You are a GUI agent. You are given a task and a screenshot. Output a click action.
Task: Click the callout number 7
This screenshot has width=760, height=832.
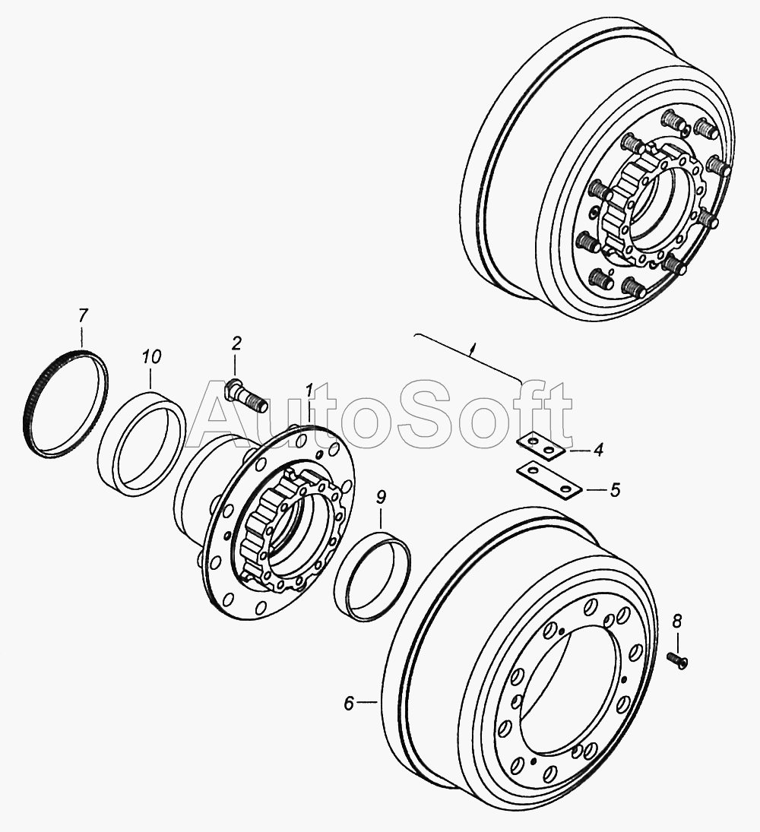82,317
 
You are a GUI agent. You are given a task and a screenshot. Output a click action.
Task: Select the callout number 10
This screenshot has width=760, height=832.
151,356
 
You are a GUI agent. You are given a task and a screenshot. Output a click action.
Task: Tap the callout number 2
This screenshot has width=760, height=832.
236,343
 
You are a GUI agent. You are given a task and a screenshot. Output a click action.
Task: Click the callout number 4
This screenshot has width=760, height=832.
598,451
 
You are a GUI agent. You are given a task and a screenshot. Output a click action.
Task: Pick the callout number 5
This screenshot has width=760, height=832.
615,490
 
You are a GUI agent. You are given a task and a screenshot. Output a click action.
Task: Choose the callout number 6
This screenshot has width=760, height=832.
348,704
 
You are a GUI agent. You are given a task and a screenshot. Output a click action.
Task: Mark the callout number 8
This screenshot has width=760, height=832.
676,620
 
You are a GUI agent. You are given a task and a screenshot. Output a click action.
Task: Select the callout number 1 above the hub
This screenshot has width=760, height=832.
309,391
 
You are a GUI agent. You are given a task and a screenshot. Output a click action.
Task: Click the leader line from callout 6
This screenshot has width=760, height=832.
367,704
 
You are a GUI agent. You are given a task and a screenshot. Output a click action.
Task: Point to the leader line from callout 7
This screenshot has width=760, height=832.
82,337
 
